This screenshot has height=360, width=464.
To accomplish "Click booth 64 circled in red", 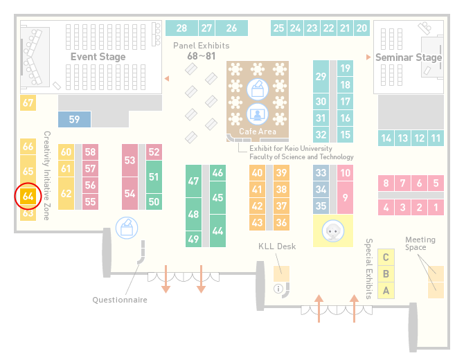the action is coord(28,197).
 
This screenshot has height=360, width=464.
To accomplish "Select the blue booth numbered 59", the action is coord(74,120).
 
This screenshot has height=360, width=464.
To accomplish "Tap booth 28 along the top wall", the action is coord(181,28).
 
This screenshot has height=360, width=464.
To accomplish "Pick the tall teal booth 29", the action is coord(321,77).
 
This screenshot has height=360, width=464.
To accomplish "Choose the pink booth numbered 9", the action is coord(345,197).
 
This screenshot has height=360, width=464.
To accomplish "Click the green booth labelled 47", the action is coord(193,181).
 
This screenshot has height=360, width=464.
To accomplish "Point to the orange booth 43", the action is coord(257,222).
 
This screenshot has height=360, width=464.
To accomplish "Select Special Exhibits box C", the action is coord(386,258).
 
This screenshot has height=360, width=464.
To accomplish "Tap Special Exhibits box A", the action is coord(386,291).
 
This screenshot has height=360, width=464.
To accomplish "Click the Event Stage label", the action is coord(98,57).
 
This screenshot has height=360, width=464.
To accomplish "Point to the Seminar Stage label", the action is coord(409,57).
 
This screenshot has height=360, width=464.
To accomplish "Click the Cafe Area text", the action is coord(258,132).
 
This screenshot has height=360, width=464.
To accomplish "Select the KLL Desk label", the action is coord(277,246).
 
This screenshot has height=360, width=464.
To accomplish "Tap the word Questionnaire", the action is coord(120,300).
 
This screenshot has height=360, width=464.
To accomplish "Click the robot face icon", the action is coord(333,231).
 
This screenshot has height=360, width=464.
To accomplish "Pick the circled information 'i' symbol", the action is coord(278,289).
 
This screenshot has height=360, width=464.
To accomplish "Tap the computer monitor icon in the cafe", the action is coord(258,114).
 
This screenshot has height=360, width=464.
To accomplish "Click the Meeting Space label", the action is coord(420,244).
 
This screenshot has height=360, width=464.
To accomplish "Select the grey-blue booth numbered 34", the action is coord(321,189).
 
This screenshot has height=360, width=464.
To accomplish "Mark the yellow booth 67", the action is coord(28,103).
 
